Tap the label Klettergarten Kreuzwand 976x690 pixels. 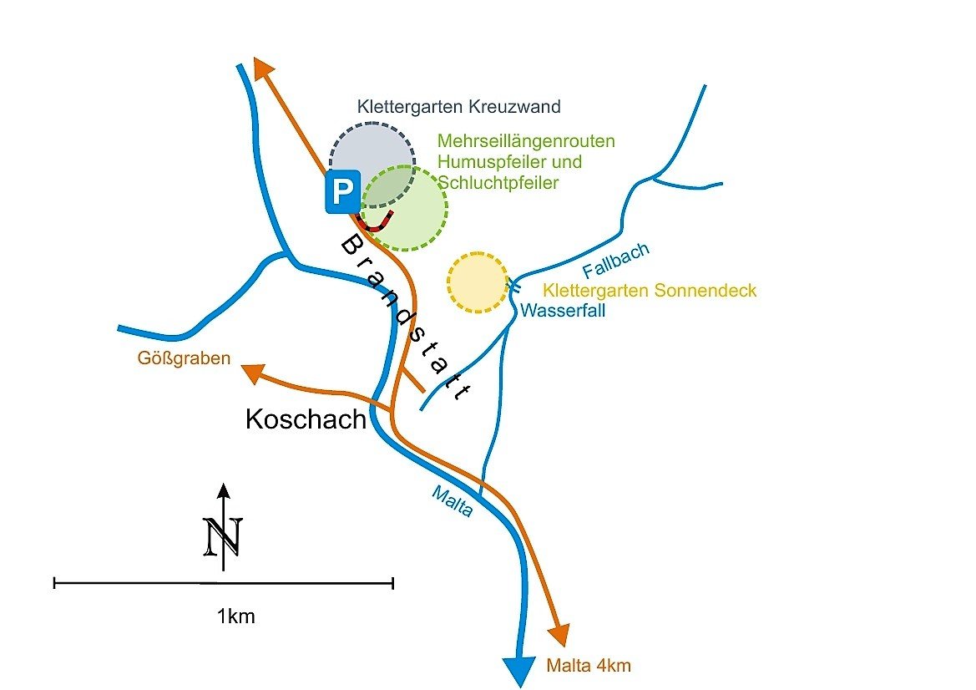pos(458,107)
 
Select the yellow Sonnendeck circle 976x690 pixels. pos(478,282)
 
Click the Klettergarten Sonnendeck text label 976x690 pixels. pos(650,291)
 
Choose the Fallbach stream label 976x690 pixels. pos(616,260)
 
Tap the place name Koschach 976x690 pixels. pos(306,419)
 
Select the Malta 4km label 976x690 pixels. pos(589,666)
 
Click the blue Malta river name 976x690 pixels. pos(452,502)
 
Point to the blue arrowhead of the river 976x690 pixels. pos(518,669)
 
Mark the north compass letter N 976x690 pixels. pos(223,536)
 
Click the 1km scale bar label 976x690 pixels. pos(235,617)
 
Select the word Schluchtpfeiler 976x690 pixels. pos(498,183)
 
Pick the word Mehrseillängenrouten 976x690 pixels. pos(526,141)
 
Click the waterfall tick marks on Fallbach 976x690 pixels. pos(514,287)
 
